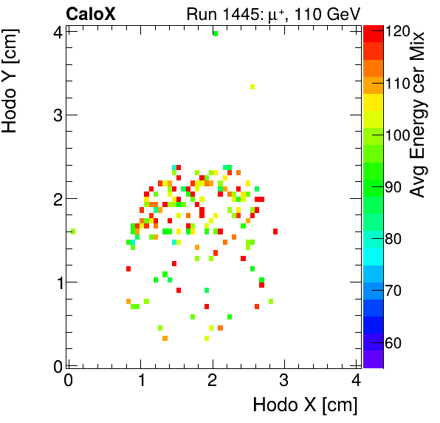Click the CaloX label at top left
pos(91,13)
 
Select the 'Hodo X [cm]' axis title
pos(305,405)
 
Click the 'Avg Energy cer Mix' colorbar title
pos(418,115)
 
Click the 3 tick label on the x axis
pos(284,381)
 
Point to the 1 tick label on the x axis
pos(140,381)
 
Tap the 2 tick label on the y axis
pos(56,198)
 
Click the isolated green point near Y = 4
pos(216,33)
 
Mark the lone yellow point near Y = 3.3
pos(252,87)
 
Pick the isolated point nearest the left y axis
pos(72,231)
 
